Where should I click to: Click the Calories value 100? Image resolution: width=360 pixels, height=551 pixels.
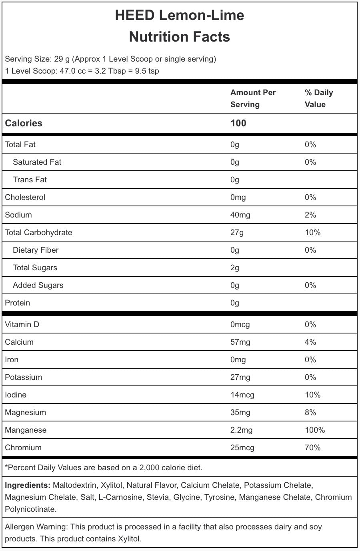[x=238, y=123]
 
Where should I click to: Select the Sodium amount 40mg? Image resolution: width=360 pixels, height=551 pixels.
[x=240, y=215]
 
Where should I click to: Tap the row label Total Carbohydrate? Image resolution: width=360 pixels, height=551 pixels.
[x=38, y=232]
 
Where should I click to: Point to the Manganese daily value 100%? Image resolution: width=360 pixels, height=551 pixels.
[x=314, y=430]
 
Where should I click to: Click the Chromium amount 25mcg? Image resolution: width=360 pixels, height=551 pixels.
[x=242, y=447]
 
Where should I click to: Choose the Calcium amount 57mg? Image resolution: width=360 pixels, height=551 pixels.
[x=240, y=342]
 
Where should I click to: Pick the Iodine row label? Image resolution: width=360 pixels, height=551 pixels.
[x=16, y=395]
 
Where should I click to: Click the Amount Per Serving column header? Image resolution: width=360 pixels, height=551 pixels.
[x=253, y=98]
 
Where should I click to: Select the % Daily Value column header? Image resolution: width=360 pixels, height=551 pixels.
[x=318, y=98]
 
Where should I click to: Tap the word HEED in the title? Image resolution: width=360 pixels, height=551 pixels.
[x=134, y=15]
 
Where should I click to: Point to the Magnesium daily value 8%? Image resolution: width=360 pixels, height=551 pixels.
[x=310, y=412]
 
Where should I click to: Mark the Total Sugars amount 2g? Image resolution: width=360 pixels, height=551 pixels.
[x=235, y=268]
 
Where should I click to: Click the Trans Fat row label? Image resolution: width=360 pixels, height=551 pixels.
[x=30, y=180]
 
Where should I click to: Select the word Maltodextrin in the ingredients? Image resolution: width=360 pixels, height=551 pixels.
[x=74, y=485]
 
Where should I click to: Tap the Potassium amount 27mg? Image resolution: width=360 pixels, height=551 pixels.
[x=240, y=377]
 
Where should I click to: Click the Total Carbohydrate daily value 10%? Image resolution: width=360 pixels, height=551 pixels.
[x=312, y=232]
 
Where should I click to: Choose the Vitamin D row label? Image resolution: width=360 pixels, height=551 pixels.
[x=22, y=324]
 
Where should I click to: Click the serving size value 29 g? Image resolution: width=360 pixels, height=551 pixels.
[x=62, y=59]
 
